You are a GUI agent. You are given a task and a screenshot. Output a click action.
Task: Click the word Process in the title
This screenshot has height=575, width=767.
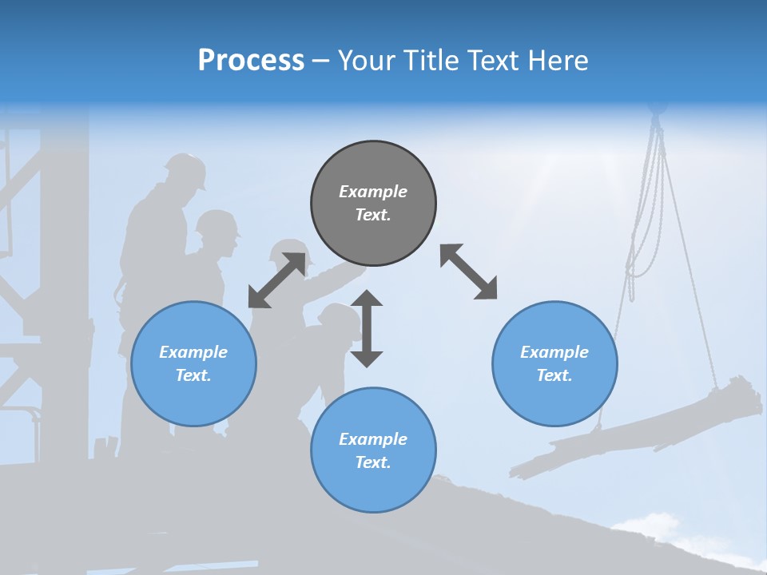click(251, 61)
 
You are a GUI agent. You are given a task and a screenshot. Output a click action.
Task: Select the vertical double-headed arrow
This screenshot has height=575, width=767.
click(367, 328)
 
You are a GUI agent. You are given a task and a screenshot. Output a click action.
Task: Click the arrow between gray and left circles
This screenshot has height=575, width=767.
click(277, 280)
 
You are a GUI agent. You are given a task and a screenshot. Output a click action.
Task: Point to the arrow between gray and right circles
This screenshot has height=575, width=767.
click(469, 272)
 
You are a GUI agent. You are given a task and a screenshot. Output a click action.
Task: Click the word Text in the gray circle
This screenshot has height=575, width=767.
click(372, 215)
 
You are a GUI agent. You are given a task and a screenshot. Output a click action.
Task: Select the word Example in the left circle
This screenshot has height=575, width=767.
click(193, 352)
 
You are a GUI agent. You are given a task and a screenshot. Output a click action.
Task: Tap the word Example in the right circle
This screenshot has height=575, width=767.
click(554, 352)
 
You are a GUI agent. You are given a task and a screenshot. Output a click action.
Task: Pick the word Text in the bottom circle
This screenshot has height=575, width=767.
click(372, 462)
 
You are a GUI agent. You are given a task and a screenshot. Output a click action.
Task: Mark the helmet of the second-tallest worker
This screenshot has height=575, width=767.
click(217, 223)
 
